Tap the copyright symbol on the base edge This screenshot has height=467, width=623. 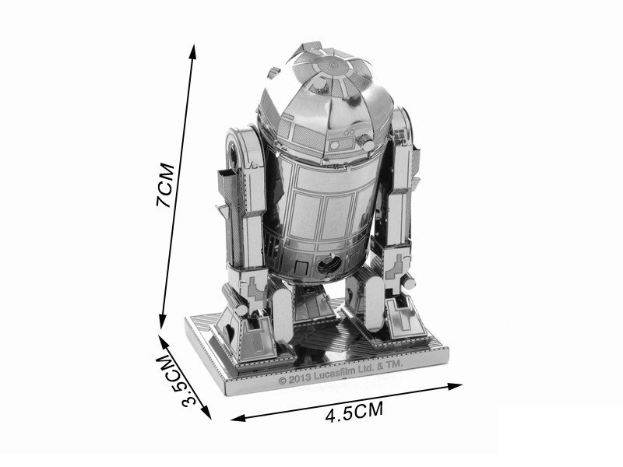tap(281, 382)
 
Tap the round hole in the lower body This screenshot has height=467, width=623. tap(327, 265)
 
